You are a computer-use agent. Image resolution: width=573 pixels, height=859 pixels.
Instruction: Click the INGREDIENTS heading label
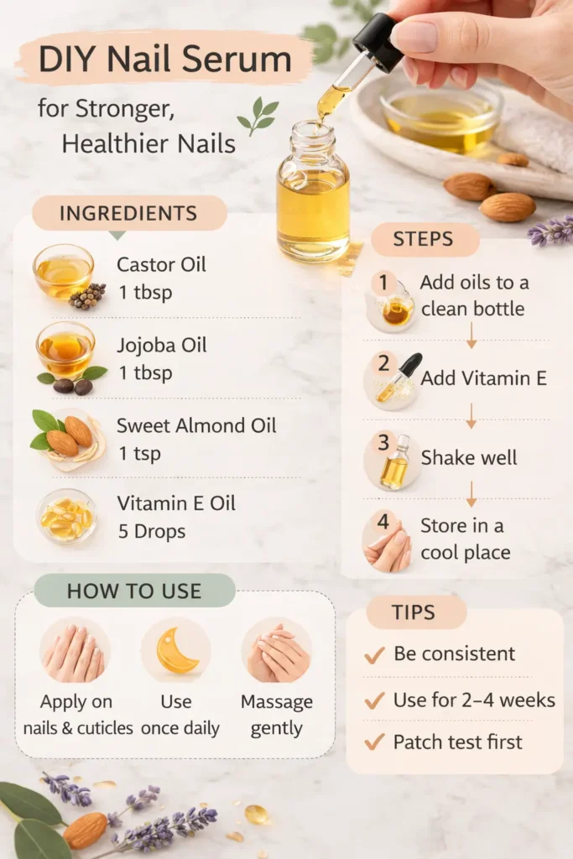click(x=128, y=213)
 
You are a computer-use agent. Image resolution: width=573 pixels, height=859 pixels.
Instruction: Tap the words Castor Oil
click(x=161, y=265)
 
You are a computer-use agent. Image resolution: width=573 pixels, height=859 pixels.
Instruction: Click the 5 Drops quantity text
click(x=152, y=531)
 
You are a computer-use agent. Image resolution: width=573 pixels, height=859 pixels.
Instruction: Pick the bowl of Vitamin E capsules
click(x=66, y=515)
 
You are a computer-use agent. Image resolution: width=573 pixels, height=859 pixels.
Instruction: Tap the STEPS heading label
click(x=424, y=239)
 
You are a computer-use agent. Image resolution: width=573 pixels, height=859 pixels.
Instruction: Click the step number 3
click(x=383, y=442)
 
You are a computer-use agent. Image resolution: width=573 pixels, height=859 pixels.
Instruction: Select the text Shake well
click(x=469, y=458)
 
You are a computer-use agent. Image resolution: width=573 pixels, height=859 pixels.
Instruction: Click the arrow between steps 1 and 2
click(x=471, y=336)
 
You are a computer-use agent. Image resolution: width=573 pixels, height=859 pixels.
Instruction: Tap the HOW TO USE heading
click(x=134, y=591)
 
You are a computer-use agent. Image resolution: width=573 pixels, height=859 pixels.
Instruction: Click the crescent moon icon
click(x=175, y=650)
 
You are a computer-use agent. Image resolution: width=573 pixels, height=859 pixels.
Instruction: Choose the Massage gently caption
click(x=277, y=715)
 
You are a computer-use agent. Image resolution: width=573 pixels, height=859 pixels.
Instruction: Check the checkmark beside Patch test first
click(x=374, y=742)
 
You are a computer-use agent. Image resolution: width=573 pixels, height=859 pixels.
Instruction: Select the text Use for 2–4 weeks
click(x=474, y=700)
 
